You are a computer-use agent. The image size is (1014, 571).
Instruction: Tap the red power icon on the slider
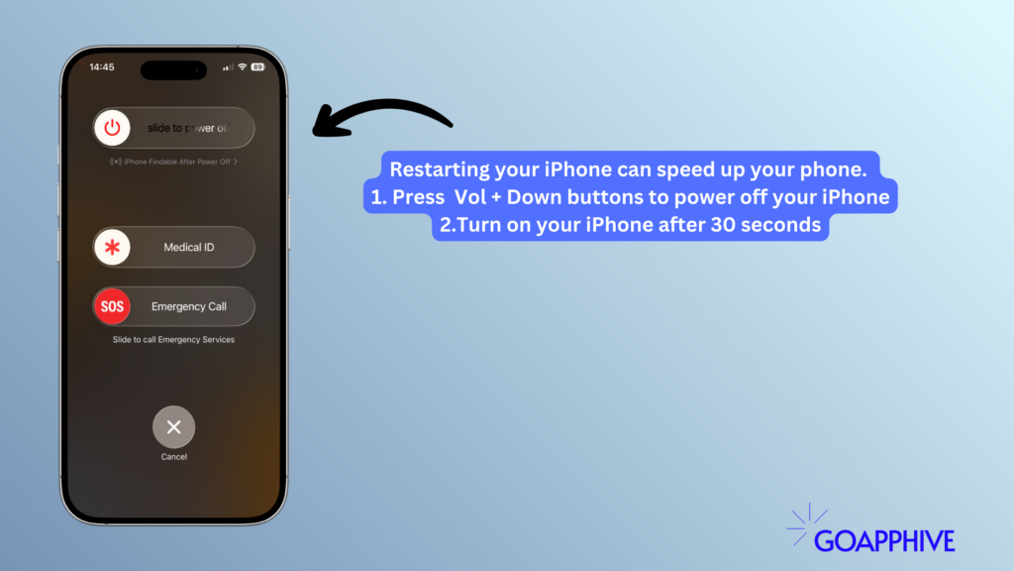point(113,128)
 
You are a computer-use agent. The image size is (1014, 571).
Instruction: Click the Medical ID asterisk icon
point(113,247)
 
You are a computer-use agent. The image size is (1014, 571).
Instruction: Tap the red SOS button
point(113,306)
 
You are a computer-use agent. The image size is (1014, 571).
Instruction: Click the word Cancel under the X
point(173,457)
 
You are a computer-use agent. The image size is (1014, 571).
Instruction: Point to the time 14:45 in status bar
point(101,67)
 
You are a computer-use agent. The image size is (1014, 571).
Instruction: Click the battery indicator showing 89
point(257,67)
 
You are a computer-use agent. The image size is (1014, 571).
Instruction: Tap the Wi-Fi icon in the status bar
point(242,67)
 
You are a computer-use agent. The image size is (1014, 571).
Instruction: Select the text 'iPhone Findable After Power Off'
point(174,161)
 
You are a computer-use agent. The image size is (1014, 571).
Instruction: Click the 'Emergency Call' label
point(188,306)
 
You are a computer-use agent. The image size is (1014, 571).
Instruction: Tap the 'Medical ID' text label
point(188,247)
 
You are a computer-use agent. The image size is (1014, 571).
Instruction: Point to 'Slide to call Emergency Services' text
point(173,339)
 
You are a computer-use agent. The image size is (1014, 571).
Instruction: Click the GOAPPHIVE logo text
point(883,540)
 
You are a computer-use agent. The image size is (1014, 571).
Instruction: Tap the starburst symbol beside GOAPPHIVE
point(807,524)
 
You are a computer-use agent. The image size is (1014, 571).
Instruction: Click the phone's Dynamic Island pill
point(173,70)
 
